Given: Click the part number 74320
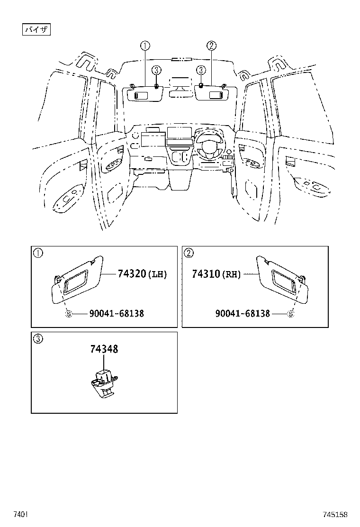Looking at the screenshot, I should [130, 274].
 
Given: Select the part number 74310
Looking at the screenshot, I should [206, 274].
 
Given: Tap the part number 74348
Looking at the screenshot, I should [104, 349].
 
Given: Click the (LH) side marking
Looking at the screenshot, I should [158, 274].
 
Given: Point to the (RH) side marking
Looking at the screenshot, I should [231, 274].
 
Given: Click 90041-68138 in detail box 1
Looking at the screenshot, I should [117, 313].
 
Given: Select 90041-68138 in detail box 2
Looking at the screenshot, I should [243, 313].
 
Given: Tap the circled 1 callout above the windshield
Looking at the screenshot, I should [145, 45].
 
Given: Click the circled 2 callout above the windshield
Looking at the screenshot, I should [211, 45].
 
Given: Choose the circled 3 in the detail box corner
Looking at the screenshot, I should [38, 339].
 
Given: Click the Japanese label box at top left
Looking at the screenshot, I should [37, 29].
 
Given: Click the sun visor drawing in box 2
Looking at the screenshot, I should [282, 283].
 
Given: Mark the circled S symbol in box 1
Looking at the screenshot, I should [68, 314].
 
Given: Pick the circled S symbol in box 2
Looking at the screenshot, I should [291, 314].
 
